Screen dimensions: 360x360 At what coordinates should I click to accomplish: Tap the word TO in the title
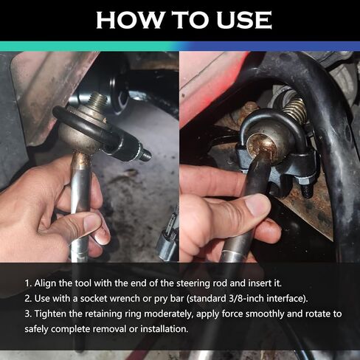[190, 20]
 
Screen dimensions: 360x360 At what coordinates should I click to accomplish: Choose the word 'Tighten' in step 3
[50, 314]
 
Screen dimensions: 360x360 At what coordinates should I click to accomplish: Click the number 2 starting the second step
[28, 299]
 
